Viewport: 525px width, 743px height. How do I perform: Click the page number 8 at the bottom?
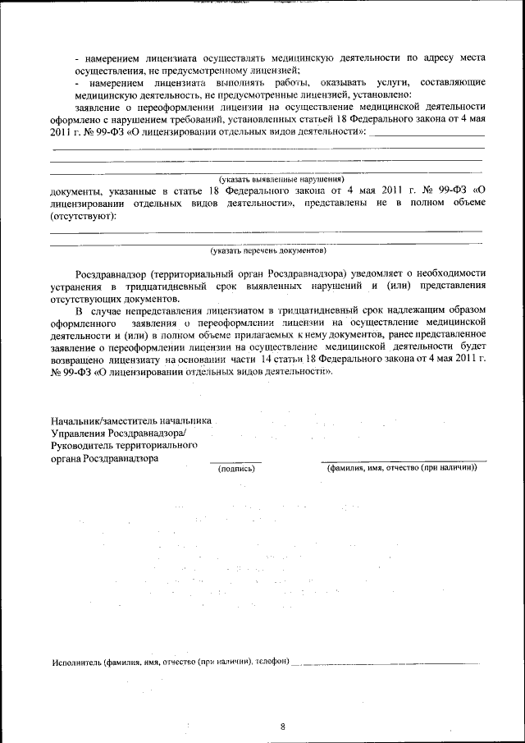282,726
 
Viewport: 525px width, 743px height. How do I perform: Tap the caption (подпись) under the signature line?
235,469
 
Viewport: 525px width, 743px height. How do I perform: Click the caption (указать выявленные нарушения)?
281,178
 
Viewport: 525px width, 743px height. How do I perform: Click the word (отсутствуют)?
83,216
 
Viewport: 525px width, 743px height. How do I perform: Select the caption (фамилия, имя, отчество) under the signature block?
402,469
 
